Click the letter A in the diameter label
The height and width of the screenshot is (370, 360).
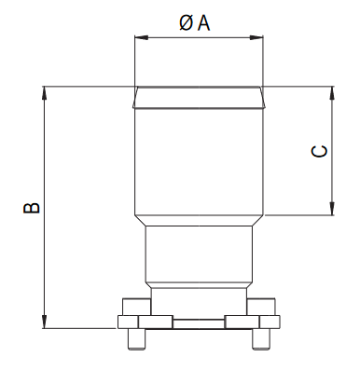point(204,23)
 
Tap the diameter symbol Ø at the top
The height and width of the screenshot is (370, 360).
point(186,23)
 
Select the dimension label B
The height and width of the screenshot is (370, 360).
point(32,208)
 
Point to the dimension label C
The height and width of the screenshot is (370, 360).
point(319,151)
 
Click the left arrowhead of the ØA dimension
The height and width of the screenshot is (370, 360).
point(141,37)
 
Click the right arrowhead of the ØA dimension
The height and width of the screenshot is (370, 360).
point(256,37)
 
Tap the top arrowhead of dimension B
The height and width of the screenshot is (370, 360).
point(45,93)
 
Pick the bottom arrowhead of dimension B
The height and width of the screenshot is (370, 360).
point(45,322)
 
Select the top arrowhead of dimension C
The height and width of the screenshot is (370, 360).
point(332,93)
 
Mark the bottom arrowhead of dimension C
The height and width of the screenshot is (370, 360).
point(332,208)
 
